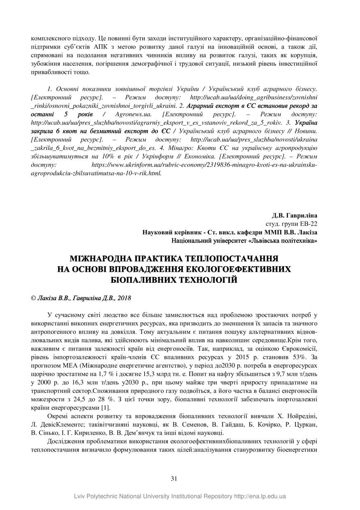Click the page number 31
(174, 478)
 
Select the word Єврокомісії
(299, 348)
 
